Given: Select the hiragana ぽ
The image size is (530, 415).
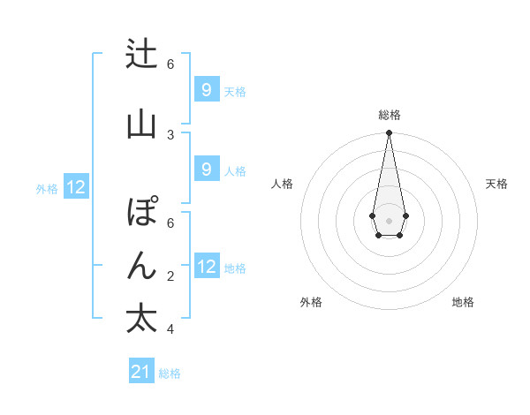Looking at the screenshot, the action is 141,213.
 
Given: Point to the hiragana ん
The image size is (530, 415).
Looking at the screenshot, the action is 141,266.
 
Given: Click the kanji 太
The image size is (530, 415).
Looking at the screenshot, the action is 141,319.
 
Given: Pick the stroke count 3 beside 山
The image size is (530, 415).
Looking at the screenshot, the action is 170,134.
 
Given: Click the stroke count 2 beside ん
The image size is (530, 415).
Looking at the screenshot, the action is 170,276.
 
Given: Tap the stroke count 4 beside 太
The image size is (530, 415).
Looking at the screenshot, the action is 170,329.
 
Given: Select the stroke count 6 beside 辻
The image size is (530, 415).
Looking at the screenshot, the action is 170,64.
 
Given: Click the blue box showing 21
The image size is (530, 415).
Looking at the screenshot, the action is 141,372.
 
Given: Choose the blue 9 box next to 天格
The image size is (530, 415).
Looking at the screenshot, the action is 206,90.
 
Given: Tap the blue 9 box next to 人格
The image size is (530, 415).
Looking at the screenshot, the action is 206,170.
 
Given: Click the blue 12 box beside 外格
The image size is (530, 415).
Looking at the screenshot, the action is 75,187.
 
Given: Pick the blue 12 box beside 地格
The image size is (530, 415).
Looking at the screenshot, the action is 206,267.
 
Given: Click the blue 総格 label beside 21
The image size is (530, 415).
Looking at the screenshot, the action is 170,373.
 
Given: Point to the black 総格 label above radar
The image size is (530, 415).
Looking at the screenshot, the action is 389,115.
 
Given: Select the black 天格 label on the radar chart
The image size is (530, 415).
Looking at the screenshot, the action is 496,184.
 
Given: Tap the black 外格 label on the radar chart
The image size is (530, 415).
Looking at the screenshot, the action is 311,302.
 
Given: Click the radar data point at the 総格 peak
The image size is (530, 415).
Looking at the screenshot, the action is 389,132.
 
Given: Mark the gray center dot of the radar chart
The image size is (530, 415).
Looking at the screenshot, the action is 389,219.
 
